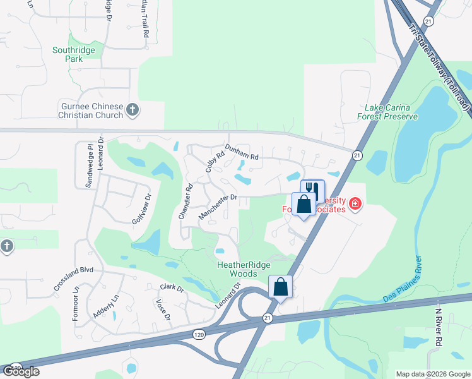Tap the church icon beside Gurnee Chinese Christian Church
pyautogui.click(x=133, y=110)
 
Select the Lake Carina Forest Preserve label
pyautogui.click(x=396, y=112)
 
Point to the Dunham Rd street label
pyautogui.click(x=242, y=152)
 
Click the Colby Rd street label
pyautogui.click(x=215, y=164)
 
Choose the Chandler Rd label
pyautogui.click(x=184, y=202)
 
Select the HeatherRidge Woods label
pyautogui.click(x=237, y=270)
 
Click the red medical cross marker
pyautogui.click(x=355, y=203)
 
